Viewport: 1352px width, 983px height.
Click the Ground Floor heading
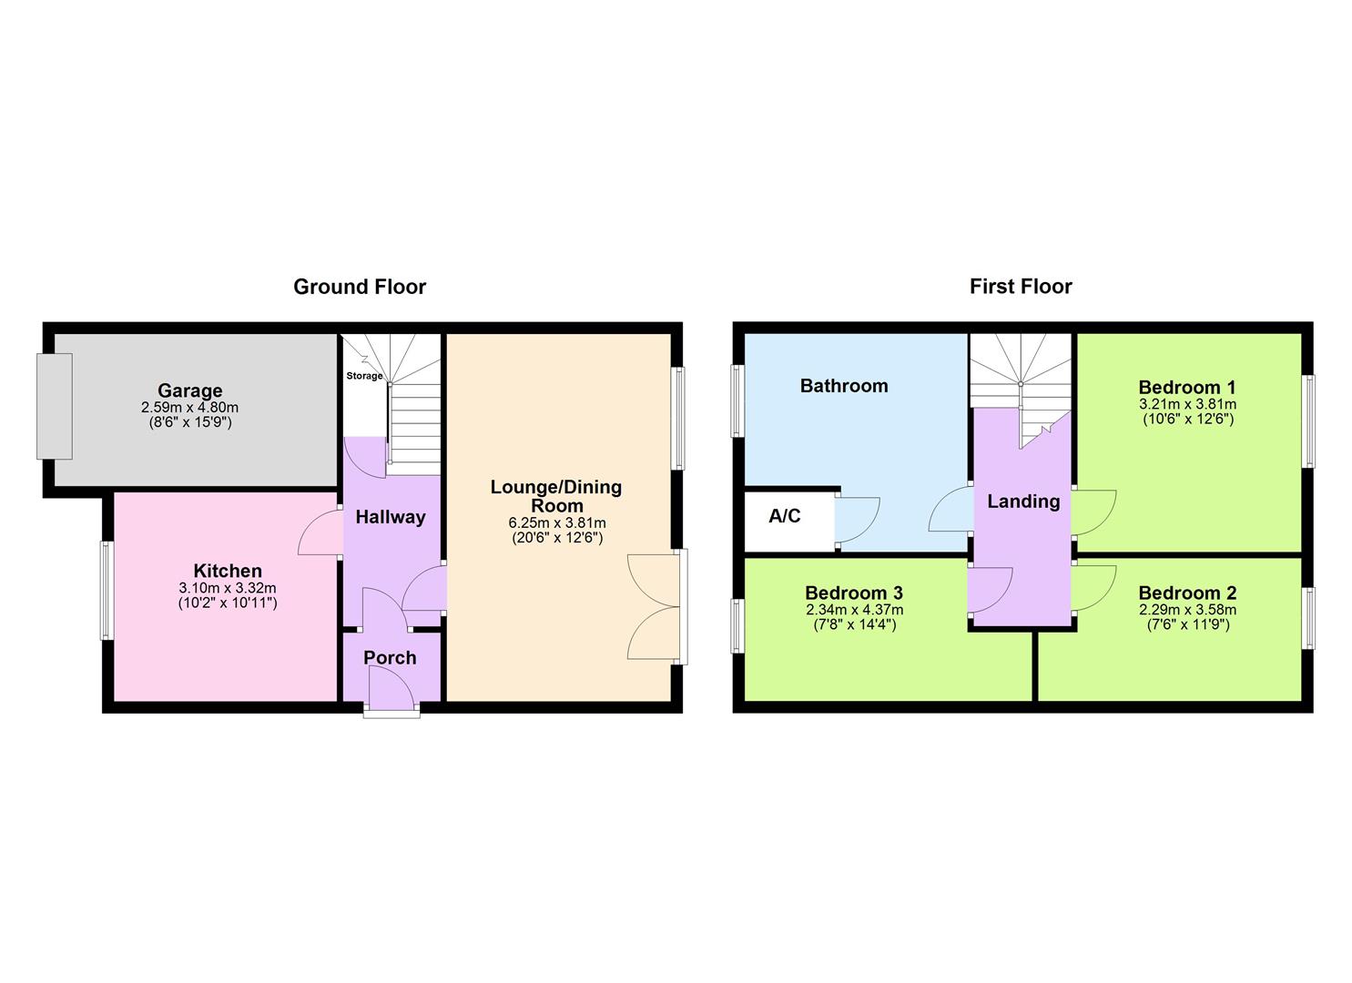point(359,287)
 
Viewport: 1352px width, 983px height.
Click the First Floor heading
point(1020,287)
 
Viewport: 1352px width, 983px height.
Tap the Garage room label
point(189,391)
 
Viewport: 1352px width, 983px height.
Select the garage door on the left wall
point(54,406)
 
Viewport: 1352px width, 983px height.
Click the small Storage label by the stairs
point(364,376)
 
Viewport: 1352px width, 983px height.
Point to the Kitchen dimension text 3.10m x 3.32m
point(228,588)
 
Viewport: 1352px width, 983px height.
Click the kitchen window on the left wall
point(107,590)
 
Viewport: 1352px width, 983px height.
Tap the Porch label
point(390,657)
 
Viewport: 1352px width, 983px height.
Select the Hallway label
point(391,517)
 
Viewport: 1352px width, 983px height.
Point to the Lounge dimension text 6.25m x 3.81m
point(556,523)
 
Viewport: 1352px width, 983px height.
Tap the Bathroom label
point(843,386)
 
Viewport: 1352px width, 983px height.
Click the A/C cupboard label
point(784,517)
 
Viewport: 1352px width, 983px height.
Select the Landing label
point(1023,502)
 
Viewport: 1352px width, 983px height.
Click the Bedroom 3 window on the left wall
point(737,625)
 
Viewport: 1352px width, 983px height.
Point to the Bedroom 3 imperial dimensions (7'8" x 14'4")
point(854,625)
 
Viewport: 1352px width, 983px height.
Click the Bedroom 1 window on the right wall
point(1308,421)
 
